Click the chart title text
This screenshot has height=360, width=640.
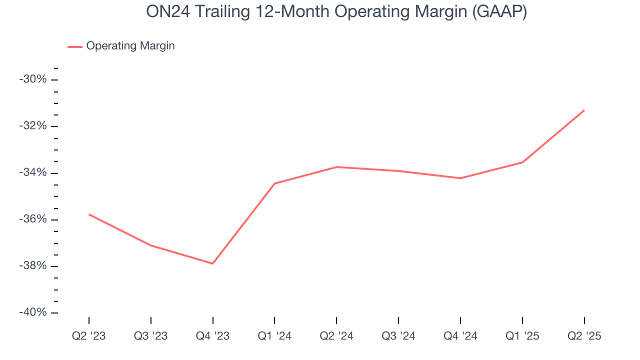point(336,12)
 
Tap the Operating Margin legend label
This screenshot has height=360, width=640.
point(130,46)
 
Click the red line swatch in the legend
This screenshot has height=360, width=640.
point(75,46)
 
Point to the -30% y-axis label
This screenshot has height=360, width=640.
point(32,79)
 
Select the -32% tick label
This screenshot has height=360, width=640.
point(32,126)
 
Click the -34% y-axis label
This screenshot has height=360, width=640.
point(32,172)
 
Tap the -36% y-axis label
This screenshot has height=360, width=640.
point(32,219)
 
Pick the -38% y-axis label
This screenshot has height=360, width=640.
point(32,266)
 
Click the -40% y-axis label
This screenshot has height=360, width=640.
point(32,312)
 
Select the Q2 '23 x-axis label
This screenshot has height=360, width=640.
point(89,336)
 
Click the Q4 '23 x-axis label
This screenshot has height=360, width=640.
point(213,336)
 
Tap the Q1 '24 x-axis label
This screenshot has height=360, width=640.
point(274,336)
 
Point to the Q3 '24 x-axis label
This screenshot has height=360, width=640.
point(398,336)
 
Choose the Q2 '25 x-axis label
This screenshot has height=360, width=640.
point(584,336)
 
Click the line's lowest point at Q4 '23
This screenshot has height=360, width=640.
point(213,263)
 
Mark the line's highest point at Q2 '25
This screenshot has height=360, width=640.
point(584,110)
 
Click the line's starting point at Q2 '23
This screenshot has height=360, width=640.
point(89,214)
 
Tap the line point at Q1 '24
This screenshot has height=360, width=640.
point(274,183)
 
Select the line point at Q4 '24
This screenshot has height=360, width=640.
point(460,178)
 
